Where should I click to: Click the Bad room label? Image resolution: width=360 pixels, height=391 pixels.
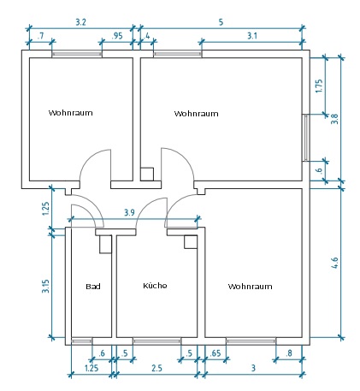click(x=93, y=286)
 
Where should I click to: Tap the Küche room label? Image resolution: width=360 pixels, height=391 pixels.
click(x=155, y=285)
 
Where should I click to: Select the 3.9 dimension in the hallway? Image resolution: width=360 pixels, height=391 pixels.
click(x=129, y=212)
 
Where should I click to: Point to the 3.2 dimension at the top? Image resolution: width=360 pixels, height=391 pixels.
click(x=80, y=22)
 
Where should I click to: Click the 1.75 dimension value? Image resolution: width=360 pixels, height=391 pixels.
click(x=319, y=86)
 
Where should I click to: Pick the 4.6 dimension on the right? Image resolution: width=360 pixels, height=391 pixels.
click(x=334, y=263)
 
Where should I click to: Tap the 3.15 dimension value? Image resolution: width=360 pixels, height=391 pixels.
click(x=45, y=286)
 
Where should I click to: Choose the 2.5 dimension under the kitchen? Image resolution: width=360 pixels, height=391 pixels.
click(x=156, y=368)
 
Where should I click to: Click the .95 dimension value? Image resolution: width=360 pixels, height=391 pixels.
click(x=117, y=36)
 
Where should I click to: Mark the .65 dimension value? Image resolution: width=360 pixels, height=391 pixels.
click(x=215, y=353)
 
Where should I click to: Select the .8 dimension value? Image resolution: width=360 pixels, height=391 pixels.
click(x=289, y=353)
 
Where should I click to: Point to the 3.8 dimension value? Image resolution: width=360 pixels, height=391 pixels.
click(x=334, y=119)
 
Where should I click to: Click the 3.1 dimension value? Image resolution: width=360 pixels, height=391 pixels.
click(x=252, y=36)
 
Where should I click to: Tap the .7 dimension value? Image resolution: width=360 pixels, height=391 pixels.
click(x=41, y=36)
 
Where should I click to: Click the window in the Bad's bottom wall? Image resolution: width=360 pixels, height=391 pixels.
click(x=81, y=341)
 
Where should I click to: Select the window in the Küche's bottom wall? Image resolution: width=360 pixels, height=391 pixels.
click(x=156, y=341)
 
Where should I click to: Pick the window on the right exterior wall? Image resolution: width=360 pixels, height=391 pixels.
click(x=306, y=138)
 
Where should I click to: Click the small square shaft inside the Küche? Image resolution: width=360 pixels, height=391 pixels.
click(x=191, y=242)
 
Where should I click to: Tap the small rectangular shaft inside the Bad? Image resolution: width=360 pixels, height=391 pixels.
click(x=105, y=244)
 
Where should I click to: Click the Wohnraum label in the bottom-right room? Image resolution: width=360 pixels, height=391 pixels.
click(x=250, y=286)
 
